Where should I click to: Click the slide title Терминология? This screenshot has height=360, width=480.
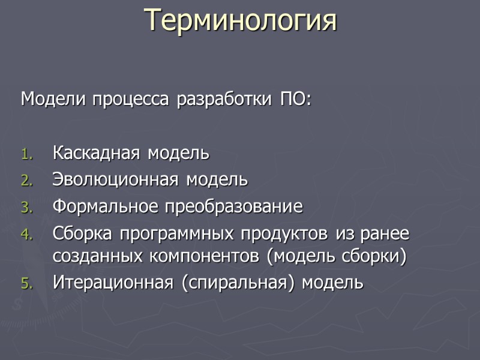(x=241, y=20)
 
